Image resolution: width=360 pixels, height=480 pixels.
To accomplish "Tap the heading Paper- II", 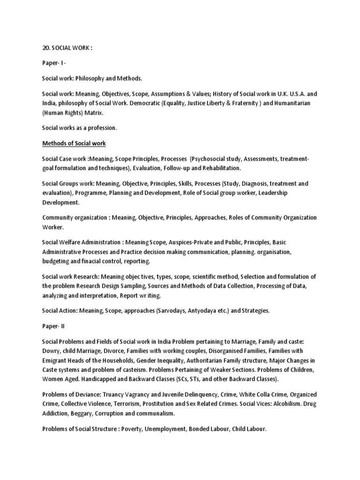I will pos(55,327).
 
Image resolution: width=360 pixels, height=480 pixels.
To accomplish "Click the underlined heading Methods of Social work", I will pos(74,143).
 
